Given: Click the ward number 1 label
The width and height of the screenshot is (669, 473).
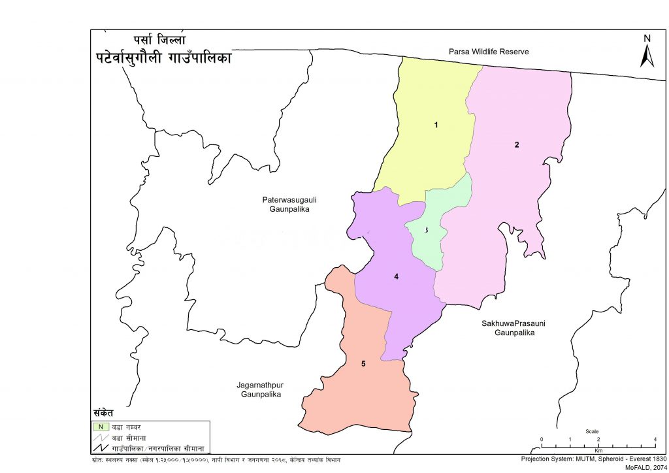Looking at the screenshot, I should tap(436, 124).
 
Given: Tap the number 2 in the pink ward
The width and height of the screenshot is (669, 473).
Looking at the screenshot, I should tap(516, 145).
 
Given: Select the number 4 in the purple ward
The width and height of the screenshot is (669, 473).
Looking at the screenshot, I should tap(396, 276).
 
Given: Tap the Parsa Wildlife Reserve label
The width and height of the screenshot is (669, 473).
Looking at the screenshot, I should tap(488, 51).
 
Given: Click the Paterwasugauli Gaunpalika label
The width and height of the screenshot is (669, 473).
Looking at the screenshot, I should tap(285, 204).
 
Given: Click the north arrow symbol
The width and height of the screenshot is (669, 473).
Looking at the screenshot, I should tap(647, 57).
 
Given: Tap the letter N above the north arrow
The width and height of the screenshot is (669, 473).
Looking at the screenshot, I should tap(647, 39).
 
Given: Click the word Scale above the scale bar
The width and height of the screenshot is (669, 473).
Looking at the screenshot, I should tap(592, 431).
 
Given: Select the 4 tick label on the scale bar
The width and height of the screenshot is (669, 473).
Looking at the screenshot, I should tap(655, 438).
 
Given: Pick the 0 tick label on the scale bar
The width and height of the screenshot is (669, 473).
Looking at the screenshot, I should tap(541, 438).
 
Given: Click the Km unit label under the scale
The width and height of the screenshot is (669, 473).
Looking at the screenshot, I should tap(598, 451).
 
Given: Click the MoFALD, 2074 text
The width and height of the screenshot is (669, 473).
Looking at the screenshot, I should tap(646, 467).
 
